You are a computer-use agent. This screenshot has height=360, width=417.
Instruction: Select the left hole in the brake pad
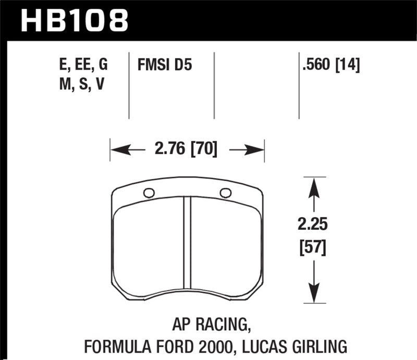(x=149, y=193)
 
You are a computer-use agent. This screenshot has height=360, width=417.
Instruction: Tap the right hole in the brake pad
(x=226, y=193)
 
